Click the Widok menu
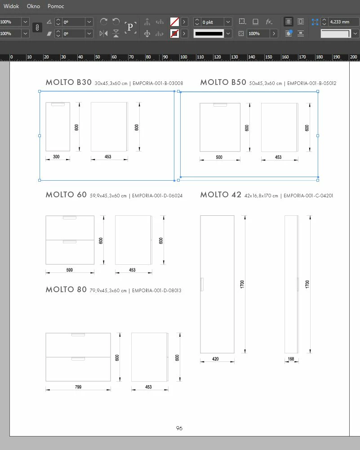[11, 6]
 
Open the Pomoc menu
[56, 6]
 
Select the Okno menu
[33, 6]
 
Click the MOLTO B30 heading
[69, 82]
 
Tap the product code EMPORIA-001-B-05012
[311, 83]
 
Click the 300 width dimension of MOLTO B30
[56, 157]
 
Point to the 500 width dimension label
[219, 157]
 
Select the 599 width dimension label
[69, 270]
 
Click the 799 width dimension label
[78, 387]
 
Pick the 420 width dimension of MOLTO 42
[215, 359]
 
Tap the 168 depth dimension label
[291, 359]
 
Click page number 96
[179, 428]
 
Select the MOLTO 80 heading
[66, 290]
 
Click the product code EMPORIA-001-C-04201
[308, 196]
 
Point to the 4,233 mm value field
[339, 22]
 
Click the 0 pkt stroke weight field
[212, 22]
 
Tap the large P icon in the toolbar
[130, 27]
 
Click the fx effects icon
[269, 22]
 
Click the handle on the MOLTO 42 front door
[202, 285]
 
